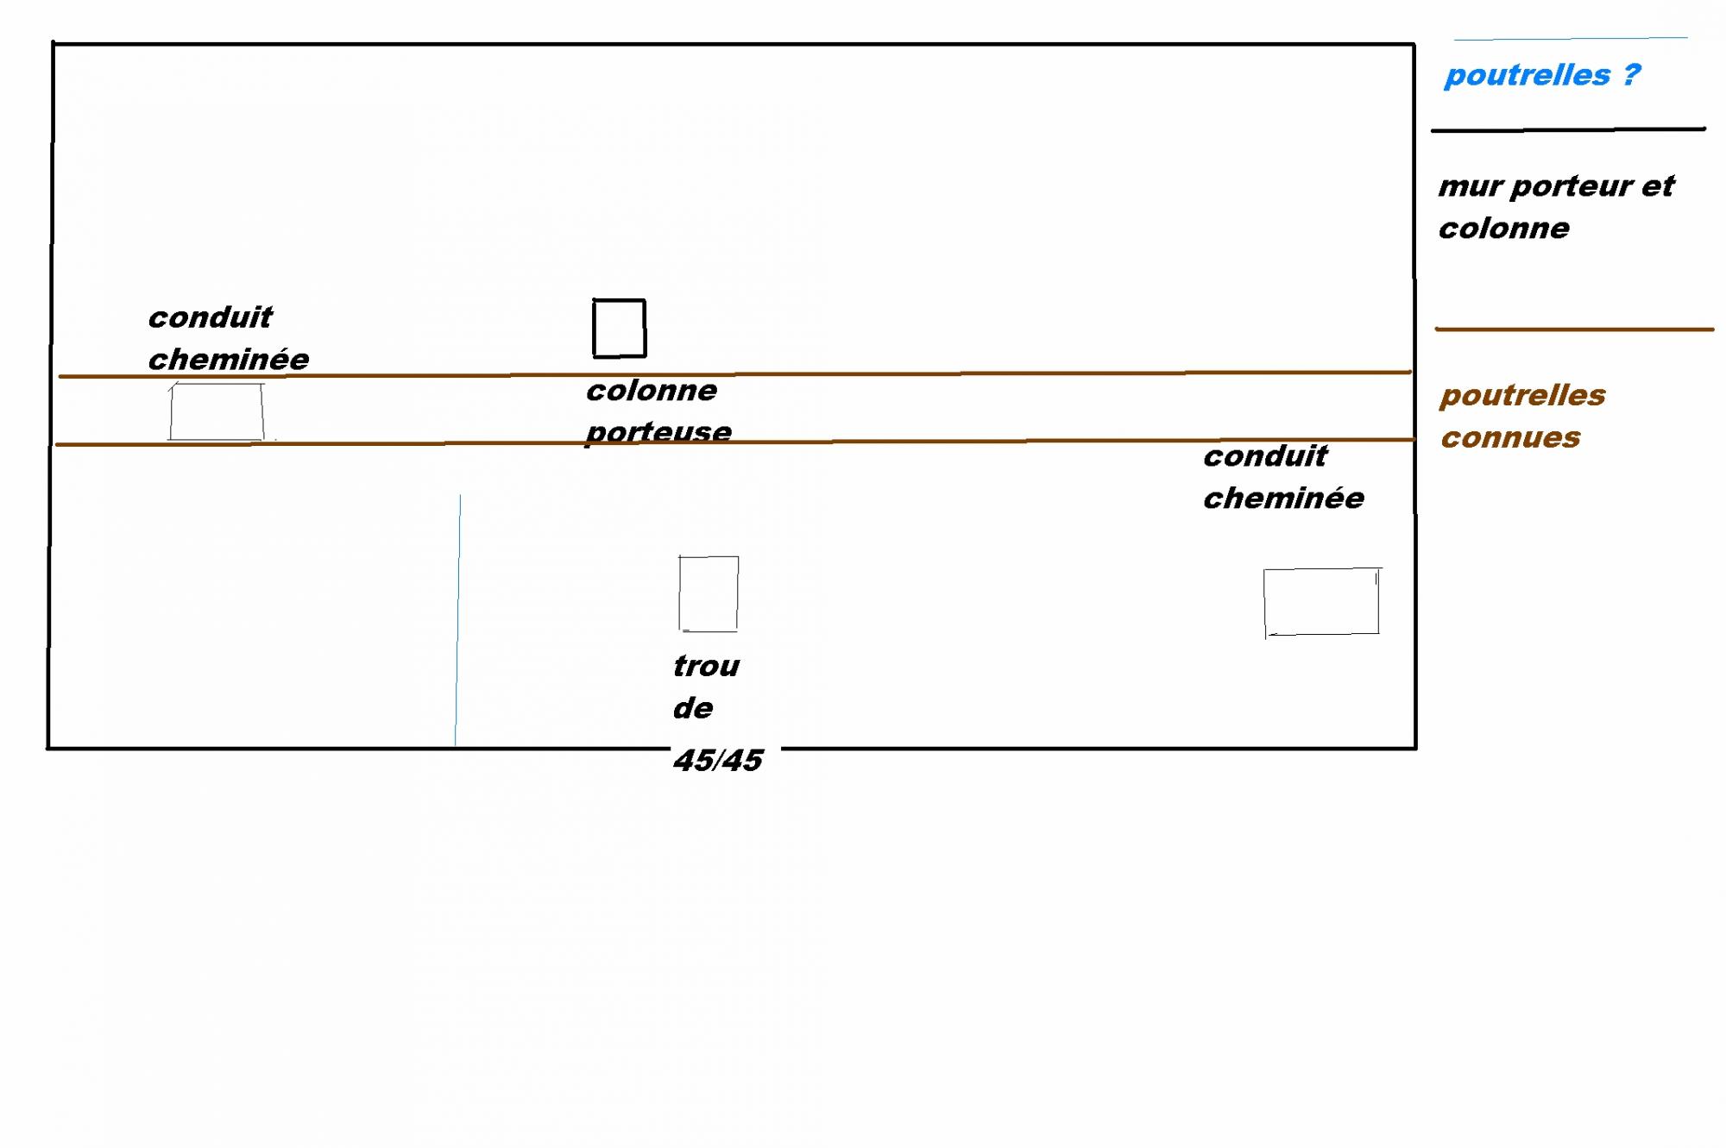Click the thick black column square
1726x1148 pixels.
[619, 328]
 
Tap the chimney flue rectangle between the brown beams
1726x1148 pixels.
[217, 412]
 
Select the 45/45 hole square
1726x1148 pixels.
[709, 593]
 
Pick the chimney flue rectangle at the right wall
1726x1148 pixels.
[1321, 601]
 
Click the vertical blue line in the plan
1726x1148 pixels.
[457, 621]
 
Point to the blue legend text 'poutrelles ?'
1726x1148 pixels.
[1541, 75]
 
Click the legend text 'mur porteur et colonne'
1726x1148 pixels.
[1555, 207]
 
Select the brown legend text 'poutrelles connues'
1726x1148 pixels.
[1522, 416]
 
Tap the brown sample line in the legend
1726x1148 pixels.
[1573, 329]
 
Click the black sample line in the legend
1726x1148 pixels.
[1568, 129]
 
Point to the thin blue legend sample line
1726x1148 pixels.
[1571, 38]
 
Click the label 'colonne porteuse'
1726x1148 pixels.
[658, 411]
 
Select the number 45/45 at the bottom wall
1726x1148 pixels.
[718, 760]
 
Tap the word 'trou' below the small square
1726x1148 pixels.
[706, 666]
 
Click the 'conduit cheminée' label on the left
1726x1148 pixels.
[228, 338]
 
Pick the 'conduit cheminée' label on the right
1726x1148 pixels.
[1283, 477]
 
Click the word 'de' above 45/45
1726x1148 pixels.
[693, 708]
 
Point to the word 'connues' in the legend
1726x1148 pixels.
[1510, 437]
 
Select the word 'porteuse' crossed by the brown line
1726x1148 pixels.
[658, 431]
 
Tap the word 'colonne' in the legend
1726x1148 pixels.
[1503, 229]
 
